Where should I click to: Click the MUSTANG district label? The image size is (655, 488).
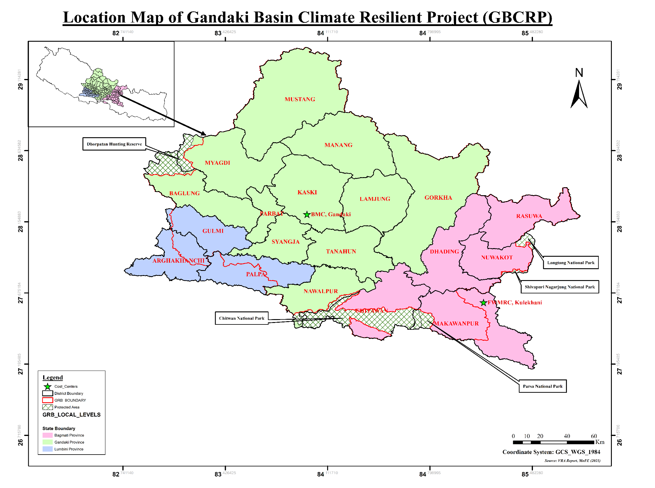(x=300, y=99)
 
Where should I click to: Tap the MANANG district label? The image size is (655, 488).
(x=338, y=145)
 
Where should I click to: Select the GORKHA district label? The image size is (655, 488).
(x=438, y=198)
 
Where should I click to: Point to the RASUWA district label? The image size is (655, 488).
(x=529, y=216)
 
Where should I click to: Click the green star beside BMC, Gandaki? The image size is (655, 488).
(x=307, y=214)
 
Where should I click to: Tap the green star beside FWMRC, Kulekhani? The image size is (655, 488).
(x=483, y=303)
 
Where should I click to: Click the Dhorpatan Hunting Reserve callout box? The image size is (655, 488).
(x=114, y=144)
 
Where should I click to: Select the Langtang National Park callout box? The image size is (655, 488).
(x=570, y=263)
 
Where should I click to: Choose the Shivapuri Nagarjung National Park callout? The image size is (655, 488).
(x=560, y=287)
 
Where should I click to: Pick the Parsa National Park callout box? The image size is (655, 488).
(x=542, y=386)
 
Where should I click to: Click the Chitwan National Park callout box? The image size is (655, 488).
(x=241, y=318)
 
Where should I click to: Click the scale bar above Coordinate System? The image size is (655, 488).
(x=553, y=442)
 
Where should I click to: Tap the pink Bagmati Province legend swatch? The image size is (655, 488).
(x=47, y=435)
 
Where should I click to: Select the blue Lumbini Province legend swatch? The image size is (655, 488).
(x=47, y=449)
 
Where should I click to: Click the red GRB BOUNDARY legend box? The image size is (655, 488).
(x=47, y=400)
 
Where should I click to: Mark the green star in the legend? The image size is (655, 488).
(x=47, y=387)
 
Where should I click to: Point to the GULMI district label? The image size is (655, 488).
(x=213, y=231)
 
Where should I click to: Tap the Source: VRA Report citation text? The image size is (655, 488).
(x=572, y=460)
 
